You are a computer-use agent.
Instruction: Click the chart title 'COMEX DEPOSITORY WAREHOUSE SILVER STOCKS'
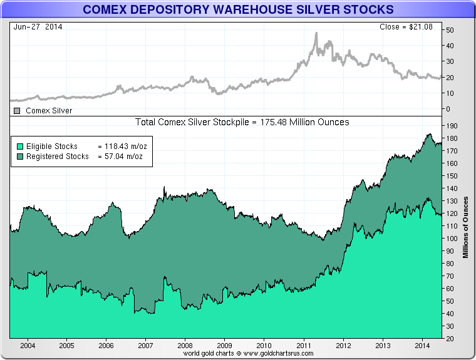click(238, 9)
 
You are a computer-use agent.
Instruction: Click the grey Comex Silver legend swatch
click(17, 111)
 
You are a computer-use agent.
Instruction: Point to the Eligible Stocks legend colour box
click(19, 147)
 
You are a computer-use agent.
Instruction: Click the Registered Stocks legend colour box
click(19, 156)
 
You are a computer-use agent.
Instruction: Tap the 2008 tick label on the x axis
click(185, 345)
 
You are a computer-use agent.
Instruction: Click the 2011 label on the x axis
click(304, 345)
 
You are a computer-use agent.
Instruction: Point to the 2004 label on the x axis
click(27, 345)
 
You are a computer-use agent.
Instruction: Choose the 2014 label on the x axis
click(422, 345)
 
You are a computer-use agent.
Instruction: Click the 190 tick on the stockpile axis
click(450, 125)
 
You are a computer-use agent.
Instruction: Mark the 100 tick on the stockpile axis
click(450, 239)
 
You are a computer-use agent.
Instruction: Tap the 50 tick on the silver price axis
click(450, 30)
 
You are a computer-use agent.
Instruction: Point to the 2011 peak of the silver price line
click(316, 33)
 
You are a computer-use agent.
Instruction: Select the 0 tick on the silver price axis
click(447, 109)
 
